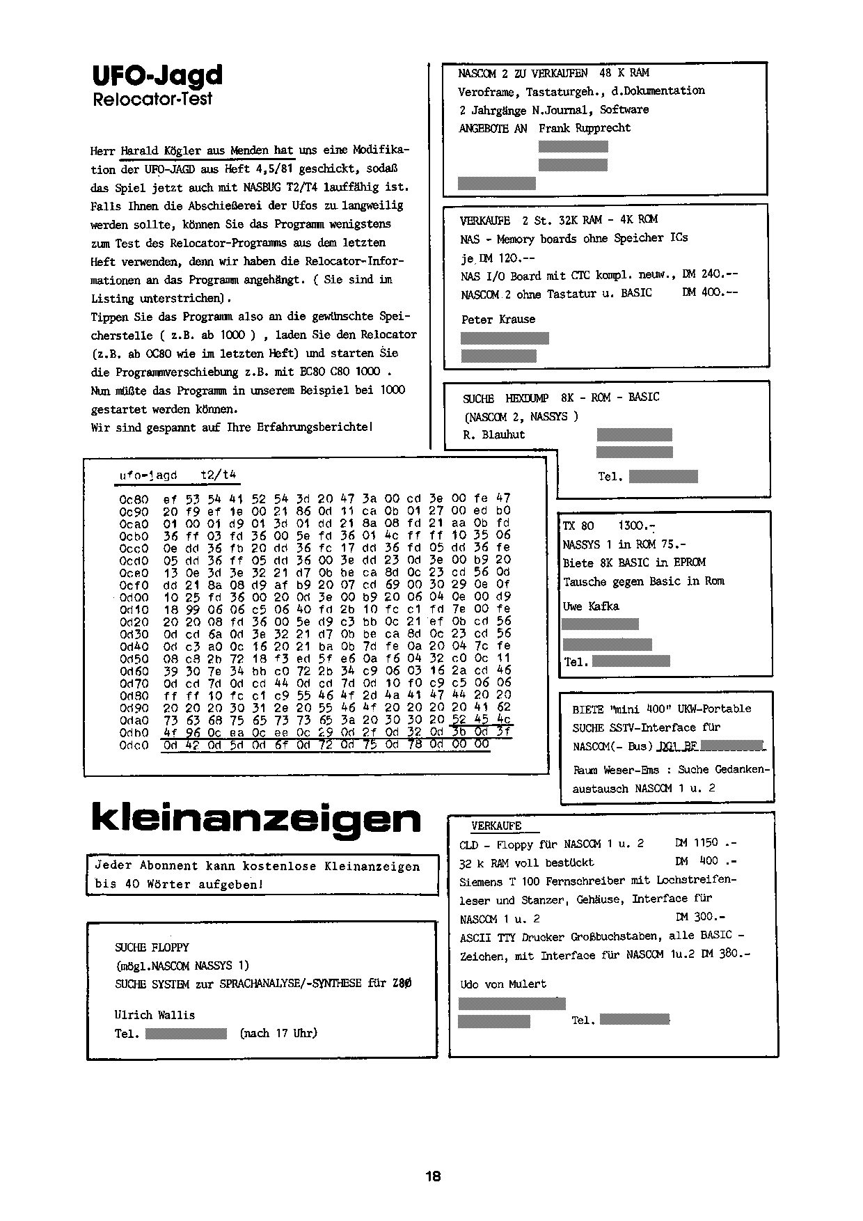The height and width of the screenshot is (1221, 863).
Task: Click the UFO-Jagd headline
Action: point(157,75)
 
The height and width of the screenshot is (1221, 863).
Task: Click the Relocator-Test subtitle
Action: point(152,99)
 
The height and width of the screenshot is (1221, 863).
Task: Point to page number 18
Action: point(433,1176)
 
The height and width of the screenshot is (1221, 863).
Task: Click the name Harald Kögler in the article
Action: point(161,150)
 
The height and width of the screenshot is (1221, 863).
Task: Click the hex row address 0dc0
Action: point(134,745)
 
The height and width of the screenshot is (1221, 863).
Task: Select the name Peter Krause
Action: point(498,320)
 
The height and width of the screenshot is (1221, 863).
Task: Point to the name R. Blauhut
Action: point(494,435)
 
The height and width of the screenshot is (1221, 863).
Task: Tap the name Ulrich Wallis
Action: point(155,1015)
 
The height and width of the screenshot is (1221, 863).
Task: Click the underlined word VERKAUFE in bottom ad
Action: point(496,826)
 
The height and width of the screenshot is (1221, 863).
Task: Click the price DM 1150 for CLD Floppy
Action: point(696,843)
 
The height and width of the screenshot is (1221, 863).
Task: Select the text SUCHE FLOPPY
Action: point(152,947)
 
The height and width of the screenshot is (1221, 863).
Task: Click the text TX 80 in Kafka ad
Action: point(578,526)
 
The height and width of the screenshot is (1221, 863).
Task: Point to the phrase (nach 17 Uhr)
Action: point(278,1033)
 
